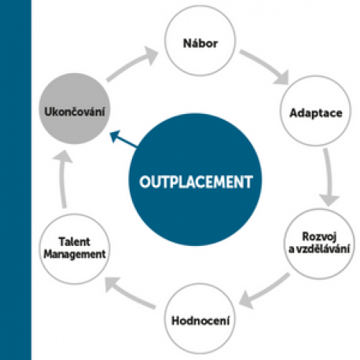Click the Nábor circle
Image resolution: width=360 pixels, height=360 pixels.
pos(200,41)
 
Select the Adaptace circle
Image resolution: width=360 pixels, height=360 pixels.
pos(315,111)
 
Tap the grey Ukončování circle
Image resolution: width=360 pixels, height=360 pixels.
pos(75,108)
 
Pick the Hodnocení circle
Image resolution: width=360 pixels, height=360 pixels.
pos(200,318)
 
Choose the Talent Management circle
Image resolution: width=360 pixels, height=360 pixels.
pos(75,249)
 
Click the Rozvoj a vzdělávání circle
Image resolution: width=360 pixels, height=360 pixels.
pos(319,244)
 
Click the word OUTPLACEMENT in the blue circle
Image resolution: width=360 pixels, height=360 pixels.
pos(196,182)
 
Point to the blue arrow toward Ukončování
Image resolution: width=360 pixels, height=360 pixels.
pos(123,138)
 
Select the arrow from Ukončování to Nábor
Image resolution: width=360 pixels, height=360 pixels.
pos(131,63)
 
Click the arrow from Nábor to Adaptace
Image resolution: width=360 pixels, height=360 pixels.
pos(265,65)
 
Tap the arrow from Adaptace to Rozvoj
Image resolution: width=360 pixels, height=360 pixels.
pos(329,177)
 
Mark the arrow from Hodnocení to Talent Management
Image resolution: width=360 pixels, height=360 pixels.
pos(130,293)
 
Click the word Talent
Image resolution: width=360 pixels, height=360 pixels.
pos(75,241)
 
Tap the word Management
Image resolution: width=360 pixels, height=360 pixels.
pos(75,254)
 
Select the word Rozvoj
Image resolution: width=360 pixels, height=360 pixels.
pos(319,237)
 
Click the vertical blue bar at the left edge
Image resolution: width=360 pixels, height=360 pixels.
pos(16,180)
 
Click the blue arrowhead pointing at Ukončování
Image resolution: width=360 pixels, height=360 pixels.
pos(115,136)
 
